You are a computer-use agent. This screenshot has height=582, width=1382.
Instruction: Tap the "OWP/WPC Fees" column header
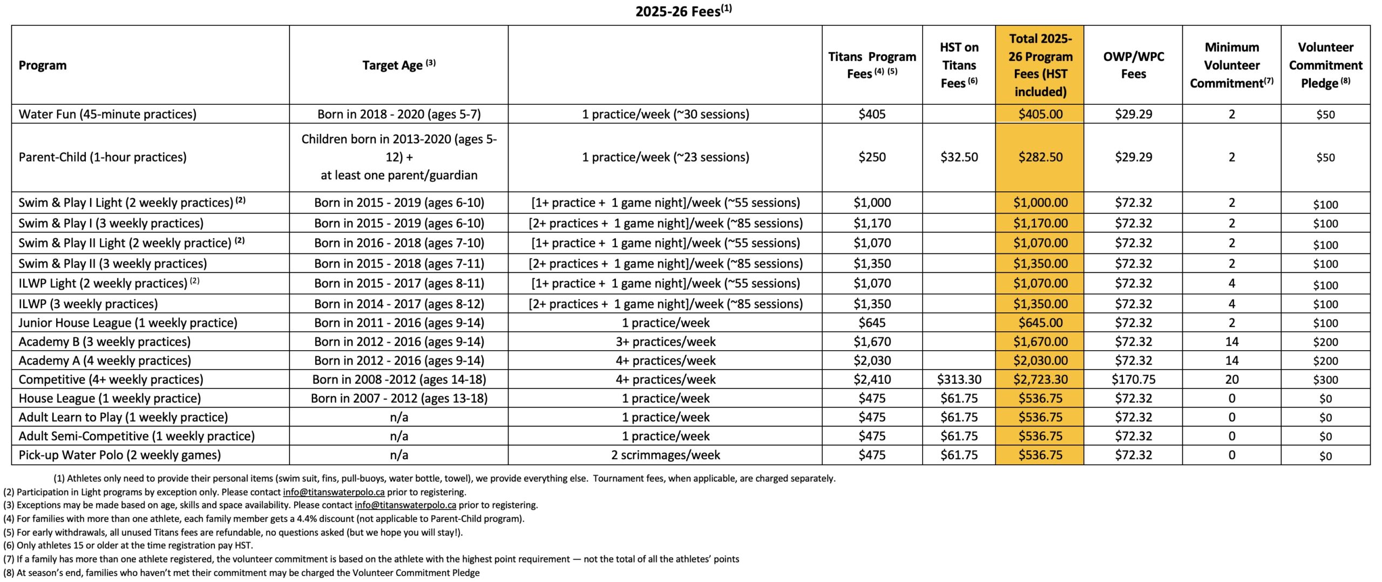1133,65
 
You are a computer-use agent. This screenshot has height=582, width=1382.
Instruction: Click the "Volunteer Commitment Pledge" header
1325,65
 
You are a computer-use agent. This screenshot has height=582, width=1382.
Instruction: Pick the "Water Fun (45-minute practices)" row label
107,115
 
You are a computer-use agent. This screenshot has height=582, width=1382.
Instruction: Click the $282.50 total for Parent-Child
1040,157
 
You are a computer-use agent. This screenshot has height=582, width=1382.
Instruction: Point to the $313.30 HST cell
959,379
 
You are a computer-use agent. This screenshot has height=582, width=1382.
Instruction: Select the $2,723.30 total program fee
1040,379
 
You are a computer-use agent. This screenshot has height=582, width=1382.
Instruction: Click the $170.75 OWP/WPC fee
1133,379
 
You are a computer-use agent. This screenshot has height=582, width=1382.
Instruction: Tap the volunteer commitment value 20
1231,379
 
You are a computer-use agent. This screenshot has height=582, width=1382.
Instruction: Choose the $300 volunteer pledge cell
1325,380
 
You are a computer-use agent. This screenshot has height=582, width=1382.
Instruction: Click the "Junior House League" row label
128,323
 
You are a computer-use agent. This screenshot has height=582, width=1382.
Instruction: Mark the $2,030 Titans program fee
872,360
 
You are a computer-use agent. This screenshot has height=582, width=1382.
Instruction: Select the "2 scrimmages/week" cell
665,455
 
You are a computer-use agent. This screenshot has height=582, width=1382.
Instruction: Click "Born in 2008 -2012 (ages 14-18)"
399,379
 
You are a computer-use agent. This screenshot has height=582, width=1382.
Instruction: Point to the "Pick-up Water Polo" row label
120,455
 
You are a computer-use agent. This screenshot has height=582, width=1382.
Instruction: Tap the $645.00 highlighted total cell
1040,323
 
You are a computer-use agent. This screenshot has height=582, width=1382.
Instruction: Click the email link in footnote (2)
334,492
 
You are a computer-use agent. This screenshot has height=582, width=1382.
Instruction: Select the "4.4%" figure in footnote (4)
307,519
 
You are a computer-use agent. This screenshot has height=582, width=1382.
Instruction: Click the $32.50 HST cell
959,157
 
